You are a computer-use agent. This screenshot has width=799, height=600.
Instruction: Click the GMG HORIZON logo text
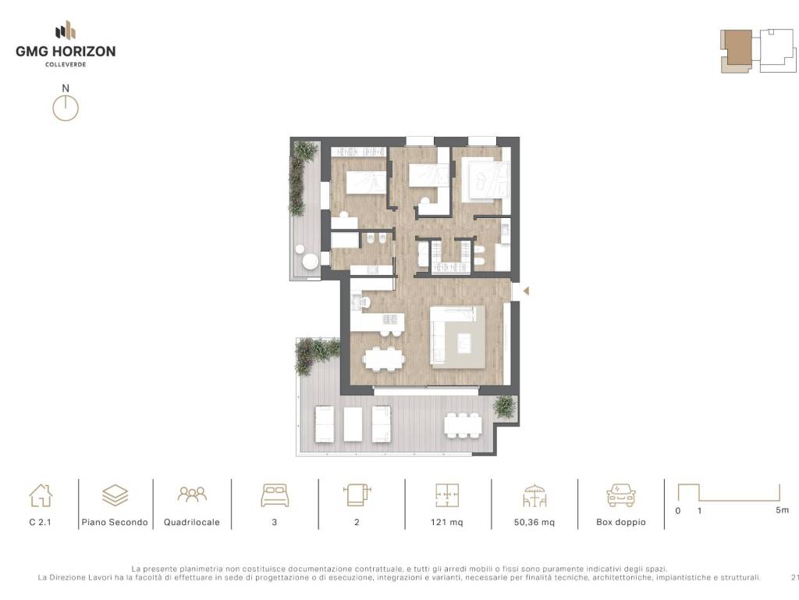[x=66, y=52]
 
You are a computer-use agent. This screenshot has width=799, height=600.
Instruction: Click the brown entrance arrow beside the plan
[x=526, y=291]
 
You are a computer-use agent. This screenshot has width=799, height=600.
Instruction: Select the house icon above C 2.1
[x=41, y=495]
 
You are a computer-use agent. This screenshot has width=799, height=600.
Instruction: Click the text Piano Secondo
[x=115, y=522]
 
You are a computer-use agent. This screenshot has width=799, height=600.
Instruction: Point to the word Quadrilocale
[x=192, y=522]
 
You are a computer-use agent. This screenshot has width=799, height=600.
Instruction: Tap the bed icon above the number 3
[x=275, y=495]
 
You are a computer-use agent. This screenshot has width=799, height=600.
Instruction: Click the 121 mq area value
[x=447, y=522]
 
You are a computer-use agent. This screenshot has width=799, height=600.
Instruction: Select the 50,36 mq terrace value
[x=534, y=522]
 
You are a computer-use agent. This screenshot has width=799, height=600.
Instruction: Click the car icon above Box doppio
[x=620, y=495]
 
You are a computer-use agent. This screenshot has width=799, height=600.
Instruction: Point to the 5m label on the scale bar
[x=782, y=509]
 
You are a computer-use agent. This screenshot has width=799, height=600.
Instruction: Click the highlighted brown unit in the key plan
[x=740, y=48]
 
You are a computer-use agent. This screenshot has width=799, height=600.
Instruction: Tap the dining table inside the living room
[x=384, y=358]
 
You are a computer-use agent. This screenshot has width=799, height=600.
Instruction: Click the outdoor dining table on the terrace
[x=463, y=425]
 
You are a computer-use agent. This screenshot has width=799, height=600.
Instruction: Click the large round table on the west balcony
[x=310, y=261]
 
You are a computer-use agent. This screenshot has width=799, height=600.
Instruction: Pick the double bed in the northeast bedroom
[x=485, y=180]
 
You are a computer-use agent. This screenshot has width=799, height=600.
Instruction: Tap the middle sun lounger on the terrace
[x=353, y=423]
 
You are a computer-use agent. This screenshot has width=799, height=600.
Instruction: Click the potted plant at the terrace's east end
[x=505, y=406]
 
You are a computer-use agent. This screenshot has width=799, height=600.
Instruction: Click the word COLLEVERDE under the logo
[x=66, y=65]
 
